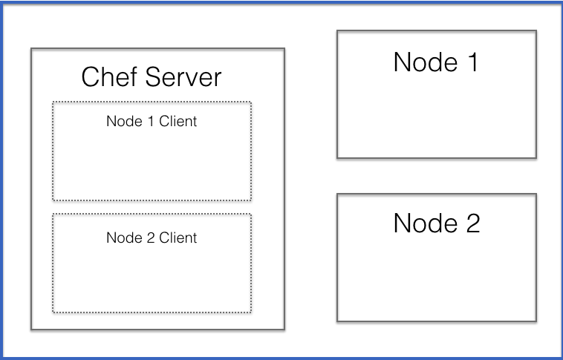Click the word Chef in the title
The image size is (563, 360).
click(105, 77)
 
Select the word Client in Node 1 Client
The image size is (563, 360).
click(178, 121)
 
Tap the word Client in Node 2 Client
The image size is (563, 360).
click(178, 238)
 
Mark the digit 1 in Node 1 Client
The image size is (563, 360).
click(151, 121)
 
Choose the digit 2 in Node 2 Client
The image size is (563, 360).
click(151, 238)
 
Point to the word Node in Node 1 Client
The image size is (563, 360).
click(123, 121)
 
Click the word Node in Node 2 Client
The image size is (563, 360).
click(123, 238)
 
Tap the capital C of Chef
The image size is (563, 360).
click(91, 77)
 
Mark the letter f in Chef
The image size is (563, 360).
click(128, 77)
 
